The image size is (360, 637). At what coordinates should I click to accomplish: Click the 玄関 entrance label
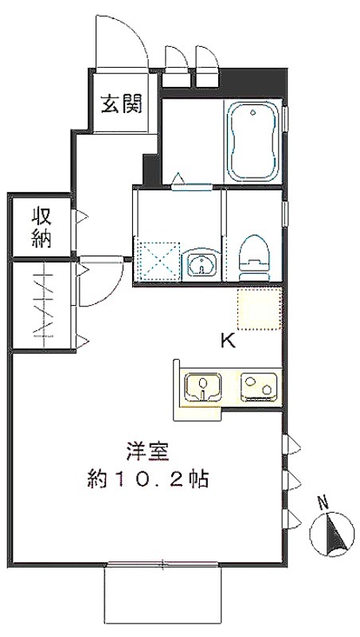(122, 104)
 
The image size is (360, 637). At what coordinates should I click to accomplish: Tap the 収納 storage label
(42, 228)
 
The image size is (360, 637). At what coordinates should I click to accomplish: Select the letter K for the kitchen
(228, 341)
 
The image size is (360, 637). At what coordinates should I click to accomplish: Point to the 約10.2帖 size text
(147, 479)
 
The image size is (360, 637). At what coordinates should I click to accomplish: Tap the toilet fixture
(254, 257)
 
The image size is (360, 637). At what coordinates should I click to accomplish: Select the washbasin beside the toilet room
(202, 264)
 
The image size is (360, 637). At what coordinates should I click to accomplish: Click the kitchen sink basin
(203, 387)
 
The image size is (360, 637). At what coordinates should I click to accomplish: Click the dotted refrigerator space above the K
(259, 308)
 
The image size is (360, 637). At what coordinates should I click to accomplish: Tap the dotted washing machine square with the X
(157, 261)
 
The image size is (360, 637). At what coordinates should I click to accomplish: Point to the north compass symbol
(331, 534)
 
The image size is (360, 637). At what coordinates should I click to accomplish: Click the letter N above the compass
(323, 504)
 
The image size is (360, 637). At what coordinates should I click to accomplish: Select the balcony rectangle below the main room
(163, 594)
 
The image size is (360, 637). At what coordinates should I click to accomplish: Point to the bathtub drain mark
(253, 112)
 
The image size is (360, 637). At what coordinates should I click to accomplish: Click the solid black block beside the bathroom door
(150, 170)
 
